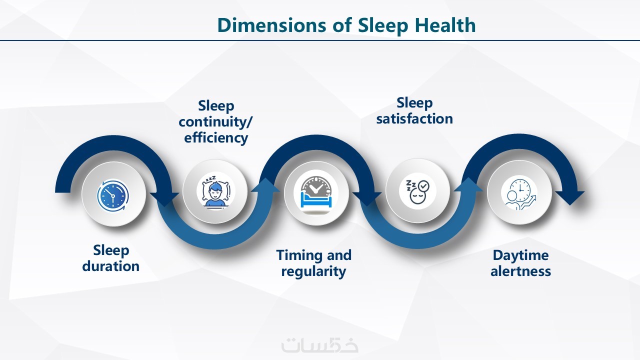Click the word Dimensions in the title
pos(271,25)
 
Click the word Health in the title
pos(445,25)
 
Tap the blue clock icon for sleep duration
pos(113,195)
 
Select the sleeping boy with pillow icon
pos(215,190)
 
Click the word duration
pos(111,266)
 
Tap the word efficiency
pos(216,137)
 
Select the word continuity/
pos(215,122)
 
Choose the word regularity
pos(313,271)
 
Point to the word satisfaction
pos(414,119)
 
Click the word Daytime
pos(520,255)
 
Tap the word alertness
pos(520,271)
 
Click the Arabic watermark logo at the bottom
pos(319,345)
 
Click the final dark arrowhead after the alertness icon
pos(570,197)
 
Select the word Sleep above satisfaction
pos(414,103)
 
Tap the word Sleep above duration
pos(111,250)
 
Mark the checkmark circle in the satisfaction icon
pos(423,186)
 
